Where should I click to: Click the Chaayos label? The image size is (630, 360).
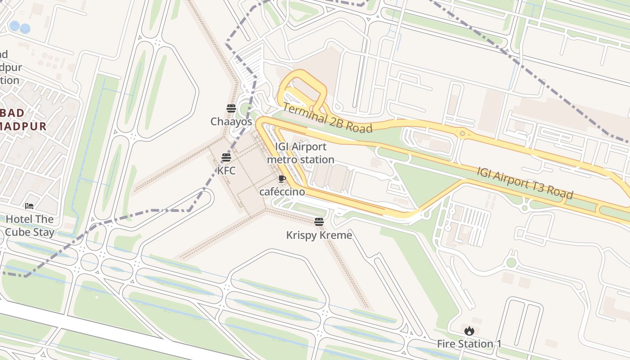coord(231,121)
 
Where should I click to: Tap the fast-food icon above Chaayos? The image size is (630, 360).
coord(231,108)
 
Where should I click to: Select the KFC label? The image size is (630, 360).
coord(226,171)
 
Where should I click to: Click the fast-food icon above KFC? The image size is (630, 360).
coord(226,157)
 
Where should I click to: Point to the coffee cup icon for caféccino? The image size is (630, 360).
coord(282,179)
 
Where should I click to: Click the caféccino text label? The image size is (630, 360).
coord(282,192)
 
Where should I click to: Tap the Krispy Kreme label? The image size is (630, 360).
coord(319,235)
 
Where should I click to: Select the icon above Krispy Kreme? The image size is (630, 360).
coord(319,221)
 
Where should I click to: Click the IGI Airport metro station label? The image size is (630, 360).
coord(301,153)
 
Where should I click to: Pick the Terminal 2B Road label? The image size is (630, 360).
coord(328,118)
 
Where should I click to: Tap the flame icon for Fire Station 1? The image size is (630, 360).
coord(469,331)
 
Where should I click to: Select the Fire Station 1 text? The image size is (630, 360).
coord(469,344)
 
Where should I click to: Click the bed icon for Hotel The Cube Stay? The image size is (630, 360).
coord(29,206)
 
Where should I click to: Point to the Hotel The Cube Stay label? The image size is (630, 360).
coord(30,225)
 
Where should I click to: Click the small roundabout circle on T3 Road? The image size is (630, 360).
coord(462,133)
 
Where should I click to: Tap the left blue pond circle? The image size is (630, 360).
coord(14,26)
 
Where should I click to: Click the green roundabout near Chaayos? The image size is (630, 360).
coord(245,108)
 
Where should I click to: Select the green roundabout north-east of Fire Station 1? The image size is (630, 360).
coord(511,262)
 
